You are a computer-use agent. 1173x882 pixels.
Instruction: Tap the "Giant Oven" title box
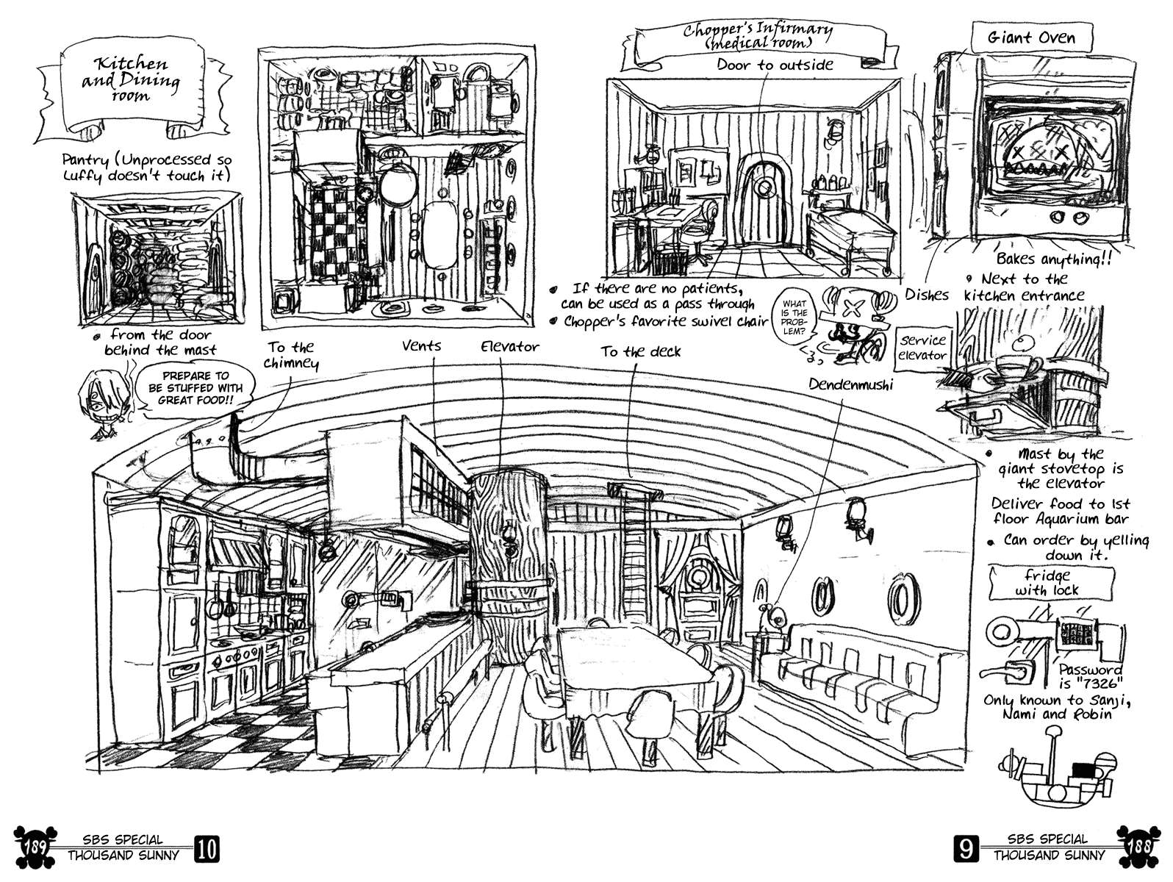pos(1031,37)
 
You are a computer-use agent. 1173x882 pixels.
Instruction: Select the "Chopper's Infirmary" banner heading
pos(757,38)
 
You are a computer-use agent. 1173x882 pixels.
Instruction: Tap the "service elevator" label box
pos(922,348)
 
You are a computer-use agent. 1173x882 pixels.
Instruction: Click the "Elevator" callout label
pos(509,346)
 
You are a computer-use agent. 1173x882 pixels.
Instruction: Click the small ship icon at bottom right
pos(1058,771)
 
